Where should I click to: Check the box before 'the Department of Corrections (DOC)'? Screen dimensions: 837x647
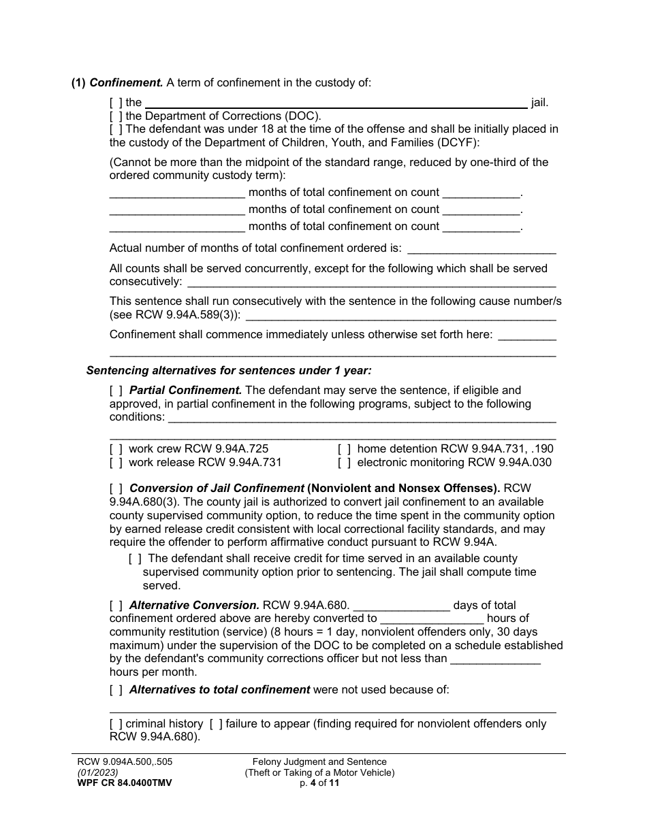tap(116, 116)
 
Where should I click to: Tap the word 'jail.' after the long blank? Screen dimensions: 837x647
tap(539, 103)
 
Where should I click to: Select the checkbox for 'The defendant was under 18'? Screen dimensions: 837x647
tap(116, 129)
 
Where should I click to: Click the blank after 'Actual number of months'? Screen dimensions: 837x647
tap(481, 248)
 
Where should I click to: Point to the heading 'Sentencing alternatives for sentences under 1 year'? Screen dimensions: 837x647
tap(229, 371)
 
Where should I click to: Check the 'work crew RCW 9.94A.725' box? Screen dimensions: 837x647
tap(116, 449)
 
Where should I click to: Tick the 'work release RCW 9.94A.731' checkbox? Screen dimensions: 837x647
tap(116, 463)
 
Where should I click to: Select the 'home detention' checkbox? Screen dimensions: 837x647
tap(345, 449)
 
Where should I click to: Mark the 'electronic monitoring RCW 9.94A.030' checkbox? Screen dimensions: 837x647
tap(345, 463)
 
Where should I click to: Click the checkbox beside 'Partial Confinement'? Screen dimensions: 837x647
tap(116, 391)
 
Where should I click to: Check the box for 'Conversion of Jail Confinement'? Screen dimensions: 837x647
tap(116, 489)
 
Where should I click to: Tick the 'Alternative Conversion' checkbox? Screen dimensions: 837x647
tap(116, 605)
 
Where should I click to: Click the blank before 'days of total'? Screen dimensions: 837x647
tap(402, 606)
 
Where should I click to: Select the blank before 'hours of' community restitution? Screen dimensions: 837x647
tap(432, 619)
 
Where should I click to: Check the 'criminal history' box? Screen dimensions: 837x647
tap(116, 724)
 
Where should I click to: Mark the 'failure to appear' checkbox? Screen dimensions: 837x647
tap(215, 724)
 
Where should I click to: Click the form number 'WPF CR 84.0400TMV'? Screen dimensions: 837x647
tap(125, 783)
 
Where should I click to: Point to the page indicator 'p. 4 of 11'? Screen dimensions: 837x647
tap(319, 783)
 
